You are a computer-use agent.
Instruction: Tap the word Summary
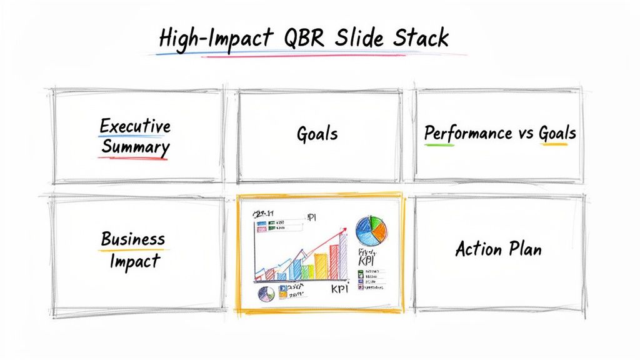pos(135,147)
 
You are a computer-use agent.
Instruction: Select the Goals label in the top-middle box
pos(317,133)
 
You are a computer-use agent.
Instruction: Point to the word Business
pos(132,239)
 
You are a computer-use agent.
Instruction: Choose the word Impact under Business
pos(135,261)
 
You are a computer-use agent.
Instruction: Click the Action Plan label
pos(498,249)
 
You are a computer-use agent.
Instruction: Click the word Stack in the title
pos(421,38)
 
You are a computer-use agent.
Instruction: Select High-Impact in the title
pos(216,39)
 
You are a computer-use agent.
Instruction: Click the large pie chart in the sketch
pos(372,231)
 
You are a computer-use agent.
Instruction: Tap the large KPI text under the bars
pos(338,289)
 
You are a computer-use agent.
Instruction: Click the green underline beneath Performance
pos(439,145)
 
